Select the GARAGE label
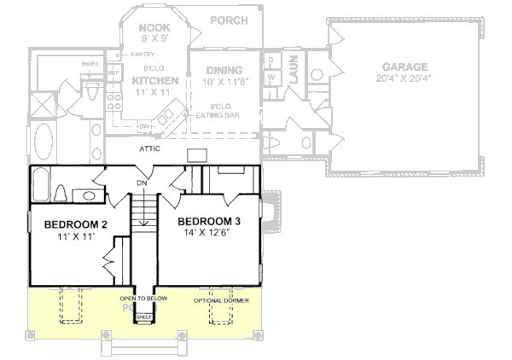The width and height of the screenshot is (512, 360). point(406,67)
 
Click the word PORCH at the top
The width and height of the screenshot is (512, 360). point(229,20)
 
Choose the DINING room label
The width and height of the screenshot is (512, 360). point(224,70)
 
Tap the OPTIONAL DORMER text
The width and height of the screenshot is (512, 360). point(219,299)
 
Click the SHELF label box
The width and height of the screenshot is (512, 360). point(143,316)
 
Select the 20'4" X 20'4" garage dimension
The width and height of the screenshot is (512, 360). point(406,78)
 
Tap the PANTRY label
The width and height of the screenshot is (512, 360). point(142,55)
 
